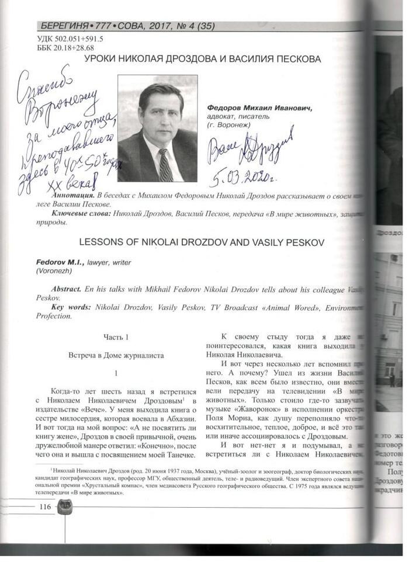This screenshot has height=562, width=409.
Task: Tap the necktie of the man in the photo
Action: [165, 165]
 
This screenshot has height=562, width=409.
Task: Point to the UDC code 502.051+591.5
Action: [71, 39]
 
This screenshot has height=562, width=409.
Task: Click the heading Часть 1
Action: [116, 337]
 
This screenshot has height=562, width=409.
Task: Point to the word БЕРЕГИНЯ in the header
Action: [65, 26]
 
